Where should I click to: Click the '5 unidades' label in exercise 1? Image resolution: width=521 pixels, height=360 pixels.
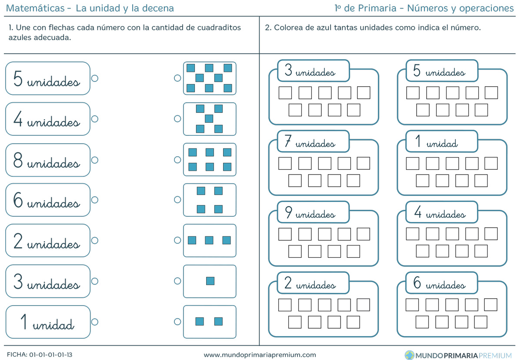pos(48,78)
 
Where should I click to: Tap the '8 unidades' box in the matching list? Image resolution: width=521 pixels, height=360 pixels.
pos(48,160)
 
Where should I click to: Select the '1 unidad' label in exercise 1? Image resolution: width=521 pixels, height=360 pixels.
pos(48,322)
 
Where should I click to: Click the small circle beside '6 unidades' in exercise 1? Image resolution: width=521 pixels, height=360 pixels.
pos(95,200)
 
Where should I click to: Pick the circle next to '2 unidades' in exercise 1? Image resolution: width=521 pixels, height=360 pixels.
pos(95,240)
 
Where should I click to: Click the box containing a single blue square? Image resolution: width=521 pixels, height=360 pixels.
pos(210,281)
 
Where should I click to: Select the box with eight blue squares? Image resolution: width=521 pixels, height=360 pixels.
pos(210,78)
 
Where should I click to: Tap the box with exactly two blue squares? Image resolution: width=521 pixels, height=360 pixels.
pos(210,322)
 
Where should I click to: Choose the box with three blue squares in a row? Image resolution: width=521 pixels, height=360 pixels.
pos(210,240)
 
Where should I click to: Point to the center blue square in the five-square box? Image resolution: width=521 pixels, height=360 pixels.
pos(209,118)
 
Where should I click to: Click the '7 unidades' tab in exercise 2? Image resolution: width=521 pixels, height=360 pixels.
pos(313,141)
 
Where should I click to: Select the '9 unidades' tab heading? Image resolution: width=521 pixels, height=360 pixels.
pos(313,212)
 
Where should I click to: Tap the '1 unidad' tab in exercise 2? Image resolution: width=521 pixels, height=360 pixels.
pos(442,141)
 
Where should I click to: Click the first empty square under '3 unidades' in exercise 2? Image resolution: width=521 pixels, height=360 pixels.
pos(285,93)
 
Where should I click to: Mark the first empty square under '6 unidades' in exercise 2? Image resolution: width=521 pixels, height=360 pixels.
pos(412,305)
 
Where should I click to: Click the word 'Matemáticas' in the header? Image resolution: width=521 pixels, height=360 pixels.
pos(35,8)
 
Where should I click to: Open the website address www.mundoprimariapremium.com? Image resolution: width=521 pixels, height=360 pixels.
pos(260,355)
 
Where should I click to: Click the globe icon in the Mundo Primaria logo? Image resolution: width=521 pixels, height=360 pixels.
pos(410,355)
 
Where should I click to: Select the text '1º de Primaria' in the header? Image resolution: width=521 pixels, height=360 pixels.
pos(365,8)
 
